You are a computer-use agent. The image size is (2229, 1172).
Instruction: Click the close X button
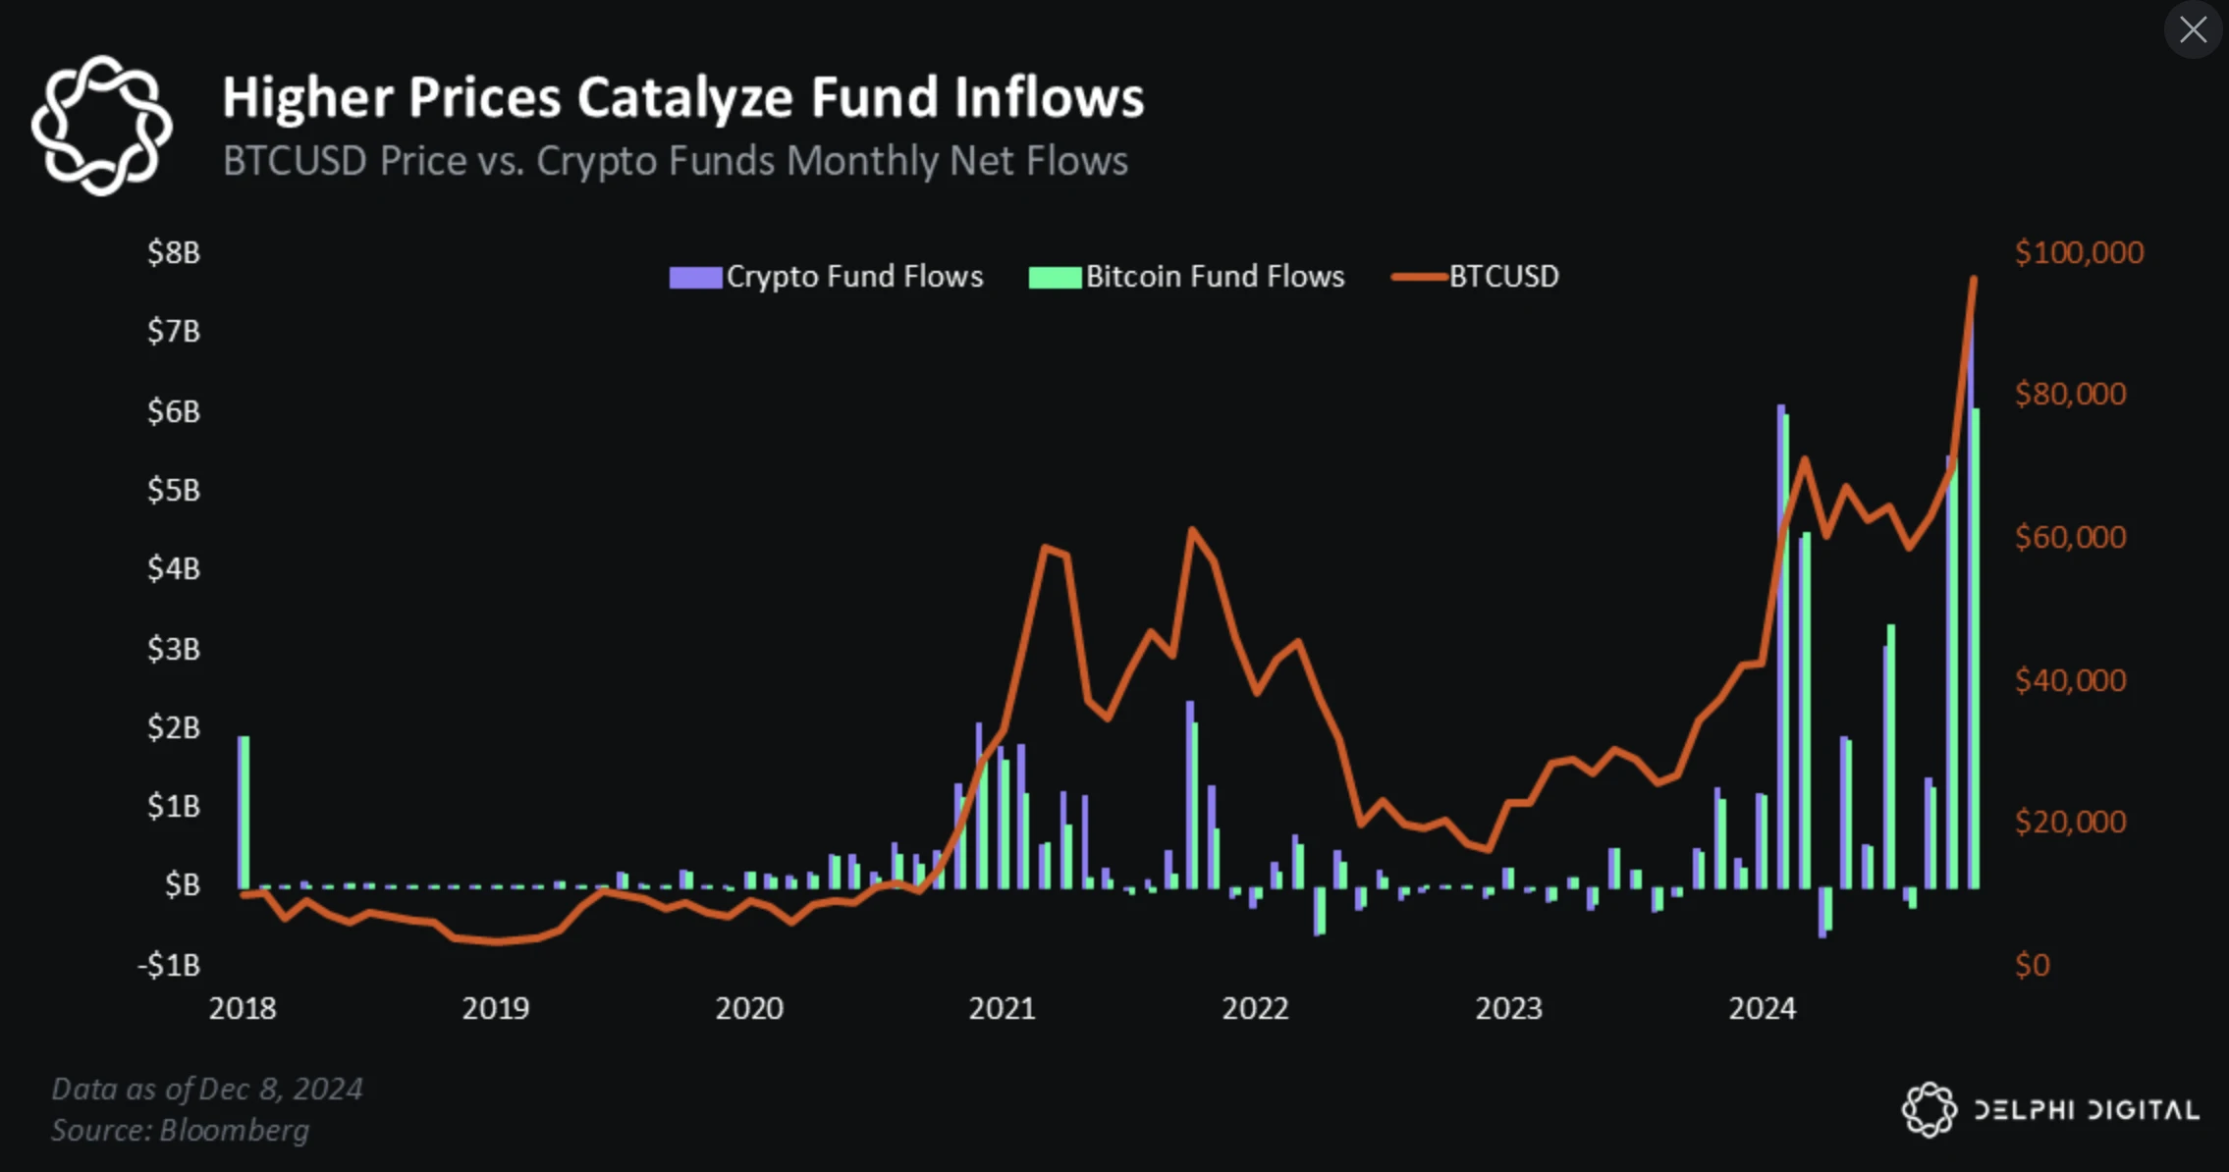point(2193,30)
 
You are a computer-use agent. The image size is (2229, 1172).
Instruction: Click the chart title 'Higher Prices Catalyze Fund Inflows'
point(682,98)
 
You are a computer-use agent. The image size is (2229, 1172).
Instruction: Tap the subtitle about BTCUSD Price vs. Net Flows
point(675,161)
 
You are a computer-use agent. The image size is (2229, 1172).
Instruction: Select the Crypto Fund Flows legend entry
point(826,277)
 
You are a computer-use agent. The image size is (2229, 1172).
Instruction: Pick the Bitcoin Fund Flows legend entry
point(1186,277)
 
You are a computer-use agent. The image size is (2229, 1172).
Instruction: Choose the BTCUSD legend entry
point(1476,277)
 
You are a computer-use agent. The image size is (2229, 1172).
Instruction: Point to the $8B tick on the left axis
point(174,253)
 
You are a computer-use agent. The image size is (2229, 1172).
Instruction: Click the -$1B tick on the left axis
point(169,966)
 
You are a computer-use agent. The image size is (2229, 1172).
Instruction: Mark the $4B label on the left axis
point(174,569)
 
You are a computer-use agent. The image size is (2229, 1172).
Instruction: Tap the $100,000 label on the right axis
point(2079,253)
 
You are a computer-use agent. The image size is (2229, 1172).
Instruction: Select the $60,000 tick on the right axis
point(2070,538)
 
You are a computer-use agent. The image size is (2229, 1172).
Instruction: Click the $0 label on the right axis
point(2032,966)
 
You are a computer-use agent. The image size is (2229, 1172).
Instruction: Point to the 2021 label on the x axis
point(1002,1009)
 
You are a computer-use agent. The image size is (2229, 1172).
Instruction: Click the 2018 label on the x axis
point(243,1009)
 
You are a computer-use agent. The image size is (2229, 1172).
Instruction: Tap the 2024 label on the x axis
point(1762,1009)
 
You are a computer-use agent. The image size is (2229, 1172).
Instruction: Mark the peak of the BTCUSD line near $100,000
point(1973,281)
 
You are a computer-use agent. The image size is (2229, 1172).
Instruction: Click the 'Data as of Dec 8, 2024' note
point(207,1090)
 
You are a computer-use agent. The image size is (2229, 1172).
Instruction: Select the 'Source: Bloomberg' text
point(181,1131)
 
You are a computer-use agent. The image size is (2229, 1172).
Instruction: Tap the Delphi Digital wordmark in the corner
point(2086,1110)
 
